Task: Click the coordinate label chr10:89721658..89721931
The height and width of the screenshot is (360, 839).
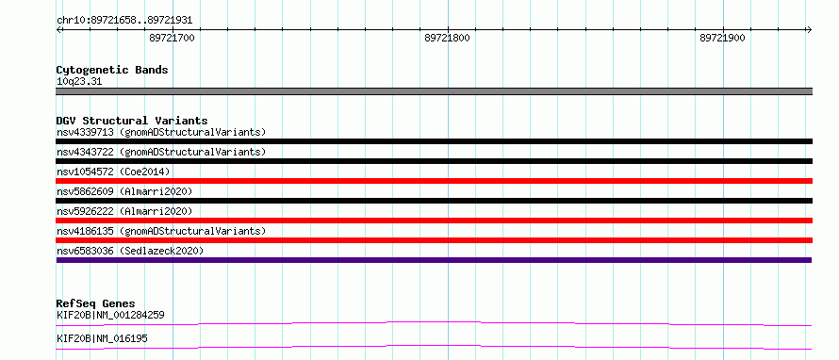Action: tap(124, 21)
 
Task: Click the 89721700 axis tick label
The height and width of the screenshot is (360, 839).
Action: tap(172, 38)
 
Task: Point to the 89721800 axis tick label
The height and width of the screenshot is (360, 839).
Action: tap(448, 38)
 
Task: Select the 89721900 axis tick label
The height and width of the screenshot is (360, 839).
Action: tap(722, 38)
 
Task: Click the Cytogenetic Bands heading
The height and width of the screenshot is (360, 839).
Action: tap(112, 70)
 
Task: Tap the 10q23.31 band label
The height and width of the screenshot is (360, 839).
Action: tap(78, 82)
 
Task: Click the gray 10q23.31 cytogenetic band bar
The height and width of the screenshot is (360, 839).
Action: tap(434, 91)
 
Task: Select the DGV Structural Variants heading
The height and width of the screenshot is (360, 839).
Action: tap(132, 121)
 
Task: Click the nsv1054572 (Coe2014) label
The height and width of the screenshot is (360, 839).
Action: tap(113, 172)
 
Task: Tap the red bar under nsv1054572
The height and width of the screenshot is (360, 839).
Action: tap(434, 181)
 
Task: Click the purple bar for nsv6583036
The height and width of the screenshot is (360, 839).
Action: tap(434, 260)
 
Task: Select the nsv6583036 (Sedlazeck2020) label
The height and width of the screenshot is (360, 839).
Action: tap(130, 251)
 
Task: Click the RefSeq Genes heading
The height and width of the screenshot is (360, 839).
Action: tap(96, 303)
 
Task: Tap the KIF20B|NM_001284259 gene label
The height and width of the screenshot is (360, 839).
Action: tap(110, 315)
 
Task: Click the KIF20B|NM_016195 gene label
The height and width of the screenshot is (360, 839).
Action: tap(102, 338)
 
